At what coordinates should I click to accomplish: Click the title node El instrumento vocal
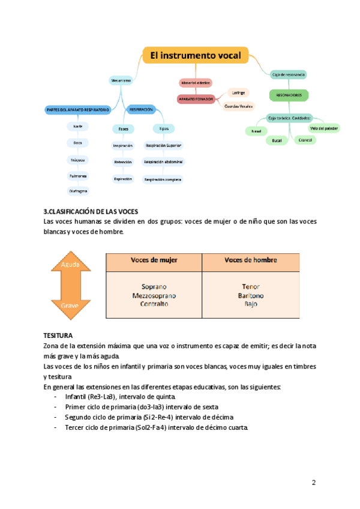[195, 56]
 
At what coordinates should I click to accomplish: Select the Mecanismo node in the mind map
[121, 80]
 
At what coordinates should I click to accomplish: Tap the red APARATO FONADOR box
[196, 98]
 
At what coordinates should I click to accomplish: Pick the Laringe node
[238, 93]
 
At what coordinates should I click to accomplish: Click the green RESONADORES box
[289, 95]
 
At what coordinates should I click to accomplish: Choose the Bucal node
[277, 140]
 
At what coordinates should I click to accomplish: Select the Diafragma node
[79, 191]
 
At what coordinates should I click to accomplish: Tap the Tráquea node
[79, 160]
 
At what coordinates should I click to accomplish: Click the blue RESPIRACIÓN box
[141, 109]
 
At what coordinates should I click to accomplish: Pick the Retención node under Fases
[122, 162]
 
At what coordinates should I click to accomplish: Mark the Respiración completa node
[163, 179]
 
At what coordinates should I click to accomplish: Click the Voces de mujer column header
[154, 260]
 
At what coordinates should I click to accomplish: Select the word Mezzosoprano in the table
[154, 295]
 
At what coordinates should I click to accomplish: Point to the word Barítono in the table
[250, 295]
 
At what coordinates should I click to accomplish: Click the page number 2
[313, 483]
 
